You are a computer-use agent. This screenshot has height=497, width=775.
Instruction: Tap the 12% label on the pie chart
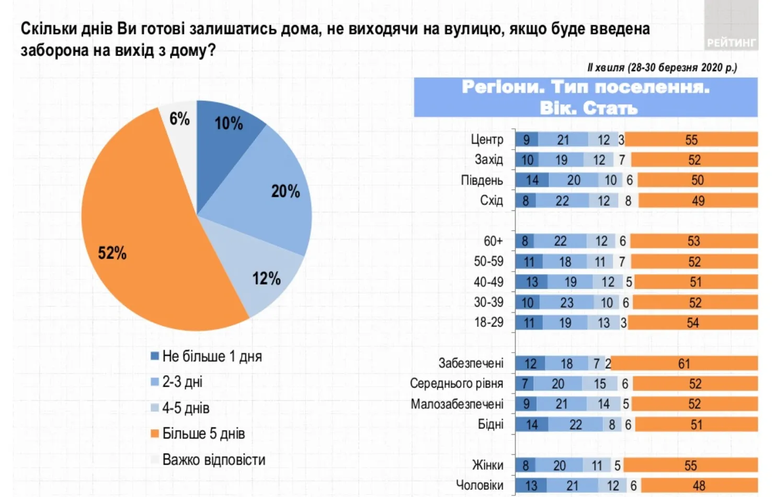[266, 278]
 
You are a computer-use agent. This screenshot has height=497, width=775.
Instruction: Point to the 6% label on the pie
[179, 119]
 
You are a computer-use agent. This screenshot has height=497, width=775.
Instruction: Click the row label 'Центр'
[487, 140]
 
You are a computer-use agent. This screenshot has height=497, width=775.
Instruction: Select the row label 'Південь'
[482, 180]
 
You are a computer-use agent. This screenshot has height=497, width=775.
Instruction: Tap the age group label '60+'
[493, 241]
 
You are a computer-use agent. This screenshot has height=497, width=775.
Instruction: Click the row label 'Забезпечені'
[471, 363]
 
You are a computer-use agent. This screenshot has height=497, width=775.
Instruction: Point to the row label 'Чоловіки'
[480, 485]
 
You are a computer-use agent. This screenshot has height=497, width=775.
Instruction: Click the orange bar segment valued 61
[684, 364]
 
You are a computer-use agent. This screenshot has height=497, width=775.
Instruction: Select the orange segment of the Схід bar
[698, 201]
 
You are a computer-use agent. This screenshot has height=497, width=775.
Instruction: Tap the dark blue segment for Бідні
[531, 424]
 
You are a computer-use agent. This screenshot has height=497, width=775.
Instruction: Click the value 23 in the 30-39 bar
[566, 302]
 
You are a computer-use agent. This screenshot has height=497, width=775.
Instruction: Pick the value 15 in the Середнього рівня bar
[599, 384]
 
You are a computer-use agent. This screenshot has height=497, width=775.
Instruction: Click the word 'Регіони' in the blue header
[502, 87]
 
